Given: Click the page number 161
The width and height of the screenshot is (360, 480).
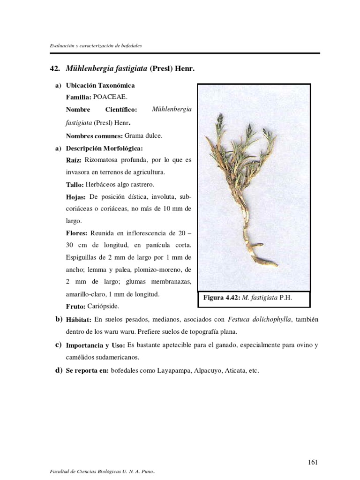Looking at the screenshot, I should coord(313,449).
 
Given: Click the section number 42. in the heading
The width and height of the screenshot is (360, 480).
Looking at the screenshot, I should coord(55,69).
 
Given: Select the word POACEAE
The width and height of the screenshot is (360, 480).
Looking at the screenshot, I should coord(110,97).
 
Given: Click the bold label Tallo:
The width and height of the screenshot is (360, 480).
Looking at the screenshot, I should coord(75,185).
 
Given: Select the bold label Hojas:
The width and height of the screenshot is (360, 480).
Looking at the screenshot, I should coord(76,197).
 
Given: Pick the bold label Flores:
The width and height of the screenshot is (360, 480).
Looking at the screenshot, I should coord(77,233).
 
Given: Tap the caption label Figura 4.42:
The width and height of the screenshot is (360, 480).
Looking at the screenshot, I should coord(221,298).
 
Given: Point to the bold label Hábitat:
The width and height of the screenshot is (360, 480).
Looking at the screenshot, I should coord(78,320).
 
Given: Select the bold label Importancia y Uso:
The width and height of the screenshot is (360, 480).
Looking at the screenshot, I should coord(96,345).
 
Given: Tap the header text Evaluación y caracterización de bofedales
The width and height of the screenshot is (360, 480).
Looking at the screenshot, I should coord(96,46).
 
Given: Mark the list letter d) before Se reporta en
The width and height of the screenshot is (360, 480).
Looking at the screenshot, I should coord(59,370).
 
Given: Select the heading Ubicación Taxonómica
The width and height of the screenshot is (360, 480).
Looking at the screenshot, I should coord(100,85).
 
